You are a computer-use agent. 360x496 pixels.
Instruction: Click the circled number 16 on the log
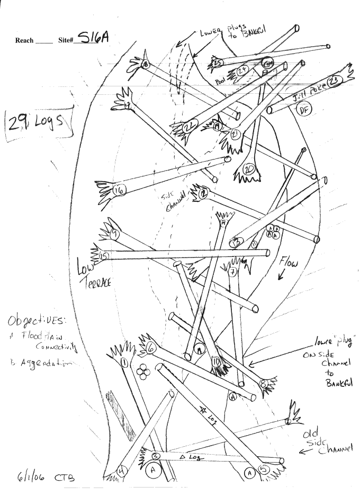[119, 190]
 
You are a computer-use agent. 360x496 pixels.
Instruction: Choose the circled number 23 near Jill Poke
[333, 81]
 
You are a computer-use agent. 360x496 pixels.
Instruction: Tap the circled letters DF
[303, 110]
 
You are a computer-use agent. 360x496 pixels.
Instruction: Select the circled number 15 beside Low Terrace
[104, 256]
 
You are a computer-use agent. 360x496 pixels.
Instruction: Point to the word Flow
[290, 261]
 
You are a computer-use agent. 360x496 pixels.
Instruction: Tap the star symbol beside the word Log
[201, 409]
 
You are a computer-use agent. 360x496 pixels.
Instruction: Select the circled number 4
[121, 470]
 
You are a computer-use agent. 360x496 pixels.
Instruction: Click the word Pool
[221, 82]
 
